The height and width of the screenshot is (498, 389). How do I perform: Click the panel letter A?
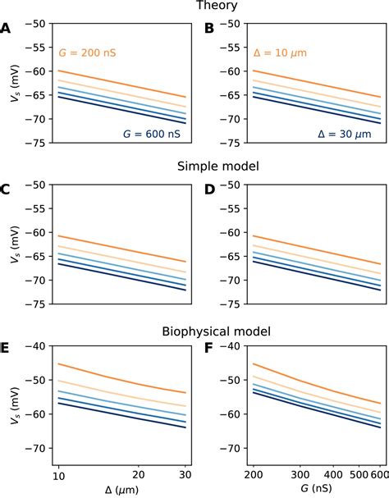tap(6, 28)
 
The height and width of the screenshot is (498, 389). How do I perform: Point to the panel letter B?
tap(208, 28)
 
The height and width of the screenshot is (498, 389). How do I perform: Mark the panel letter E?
tap(6, 349)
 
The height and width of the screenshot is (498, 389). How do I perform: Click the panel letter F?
tap(208, 349)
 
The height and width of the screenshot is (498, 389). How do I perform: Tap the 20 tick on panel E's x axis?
tap(140, 475)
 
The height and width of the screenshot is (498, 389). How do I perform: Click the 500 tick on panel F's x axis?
tap(357, 475)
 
